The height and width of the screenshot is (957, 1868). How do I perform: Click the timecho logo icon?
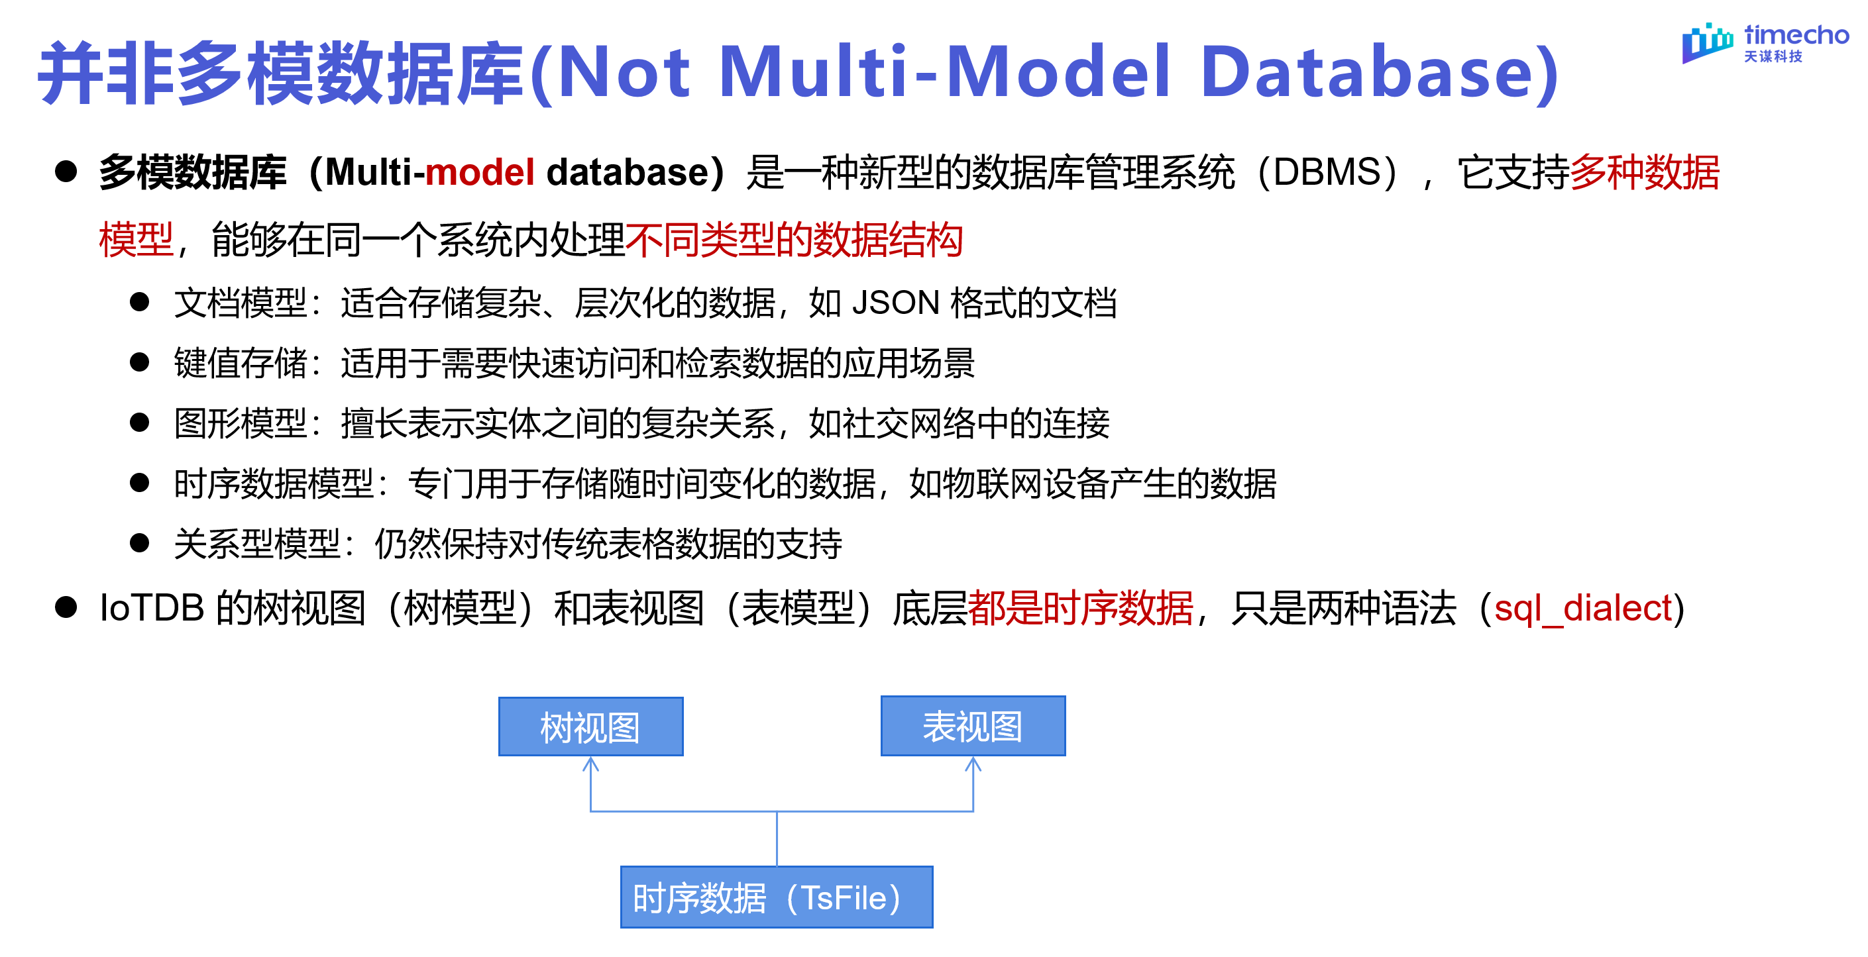(x=1707, y=43)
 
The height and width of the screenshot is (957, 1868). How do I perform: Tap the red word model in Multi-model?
(x=479, y=173)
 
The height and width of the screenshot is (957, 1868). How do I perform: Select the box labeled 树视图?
(x=590, y=727)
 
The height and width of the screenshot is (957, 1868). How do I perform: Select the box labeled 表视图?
(x=972, y=726)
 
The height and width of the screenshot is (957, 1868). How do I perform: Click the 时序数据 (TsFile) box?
(x=776, y=897)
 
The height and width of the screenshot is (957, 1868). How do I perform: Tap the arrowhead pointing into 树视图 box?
(x=591, y=764)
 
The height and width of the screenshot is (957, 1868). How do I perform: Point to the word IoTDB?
(x=152, y=607)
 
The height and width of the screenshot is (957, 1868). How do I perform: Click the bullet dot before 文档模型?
(x=139, y=301)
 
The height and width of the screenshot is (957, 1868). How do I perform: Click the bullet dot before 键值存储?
(x=139, y=362)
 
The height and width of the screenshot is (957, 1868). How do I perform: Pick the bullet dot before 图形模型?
(x=139, y=422)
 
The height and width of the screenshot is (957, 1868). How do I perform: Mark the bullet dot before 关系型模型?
(x=139, y=542)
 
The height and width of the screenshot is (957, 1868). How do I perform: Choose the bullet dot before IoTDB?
(x=66, y=607)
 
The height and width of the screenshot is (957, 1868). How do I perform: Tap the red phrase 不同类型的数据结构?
(x=794, y=239)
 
